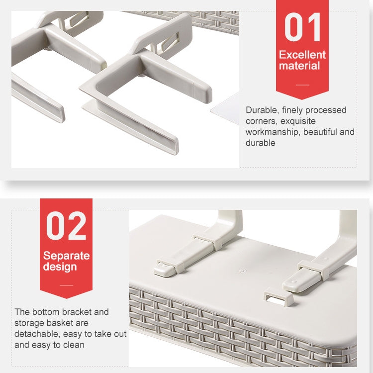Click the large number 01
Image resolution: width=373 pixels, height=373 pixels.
click(302, 27)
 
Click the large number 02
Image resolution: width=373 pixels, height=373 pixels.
click(66, 226)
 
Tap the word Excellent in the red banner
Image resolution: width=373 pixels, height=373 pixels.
click(302, 55)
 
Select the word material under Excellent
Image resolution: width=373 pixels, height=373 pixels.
click(299, 66)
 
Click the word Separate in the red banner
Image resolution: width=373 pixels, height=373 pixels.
click(66, 256)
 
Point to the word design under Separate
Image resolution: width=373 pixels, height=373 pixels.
click(60, 267)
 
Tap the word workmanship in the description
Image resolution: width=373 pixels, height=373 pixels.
click(273, 132)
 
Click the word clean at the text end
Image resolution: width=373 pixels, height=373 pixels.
click(74, 345)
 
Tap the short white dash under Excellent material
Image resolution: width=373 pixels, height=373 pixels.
click(302, 85)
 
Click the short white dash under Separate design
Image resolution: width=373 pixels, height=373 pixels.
click(66, 285)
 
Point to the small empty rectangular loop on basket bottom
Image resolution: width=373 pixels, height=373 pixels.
click(279, 296)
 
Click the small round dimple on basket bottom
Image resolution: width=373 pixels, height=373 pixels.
click(242, 271)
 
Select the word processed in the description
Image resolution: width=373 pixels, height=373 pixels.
click(326, 110)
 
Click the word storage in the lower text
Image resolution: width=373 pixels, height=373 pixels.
click(27, 323)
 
